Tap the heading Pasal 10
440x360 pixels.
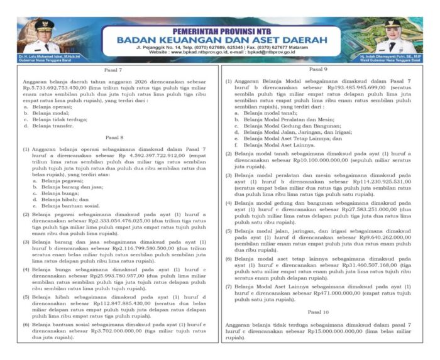(318, 312)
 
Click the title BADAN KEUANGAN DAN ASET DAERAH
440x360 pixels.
(219, 36)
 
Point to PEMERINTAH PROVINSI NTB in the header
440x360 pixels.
(219, 25)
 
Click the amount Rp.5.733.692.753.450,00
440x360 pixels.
(52, 88)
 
